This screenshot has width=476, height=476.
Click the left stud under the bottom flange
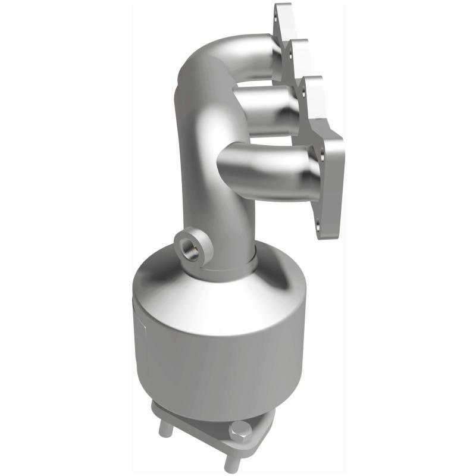pyautogui.click(x=165, y=430)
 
